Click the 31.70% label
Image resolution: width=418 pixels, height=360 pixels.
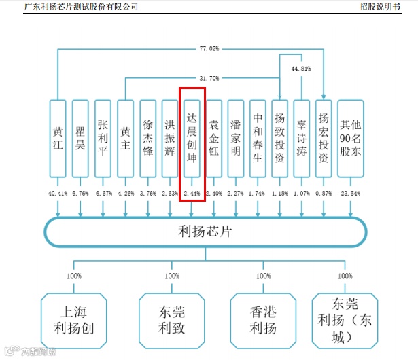pyautogui.click(x=209, y=79)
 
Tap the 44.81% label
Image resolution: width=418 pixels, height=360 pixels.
pyautogui.click(x=300, y=69)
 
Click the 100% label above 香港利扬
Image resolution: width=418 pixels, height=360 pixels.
pyautogui.click(x=263, y=276)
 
